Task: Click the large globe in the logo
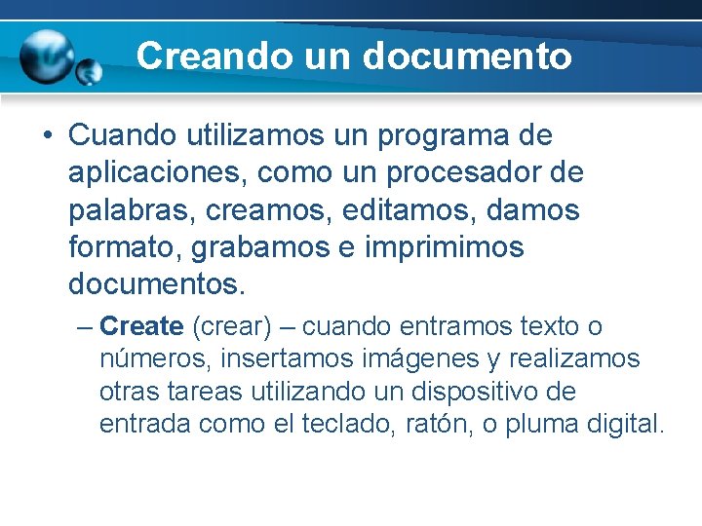tap(46, 56)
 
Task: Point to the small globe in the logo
tap(90, 71)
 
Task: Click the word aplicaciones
tap(158, 172)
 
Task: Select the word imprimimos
tap(445, 247)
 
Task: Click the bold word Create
tap(141, 325)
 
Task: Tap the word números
tap(155, 358)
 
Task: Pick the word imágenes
tap(422, 358)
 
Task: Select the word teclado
tap(367, 425)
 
